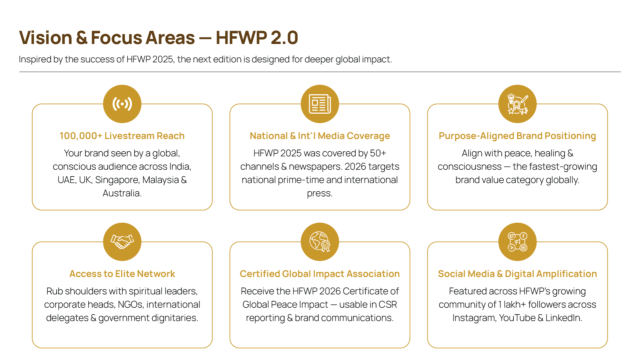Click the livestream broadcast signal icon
pos(122,104)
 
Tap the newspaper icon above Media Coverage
pos(320,104)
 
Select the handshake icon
pos(122,242)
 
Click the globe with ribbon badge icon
pos(320,242)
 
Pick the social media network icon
pos(517,242)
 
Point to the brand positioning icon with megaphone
pos(517,104)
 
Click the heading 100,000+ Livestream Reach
pos(122,136)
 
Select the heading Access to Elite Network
pos(122,274)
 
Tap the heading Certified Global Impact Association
pos(320,274)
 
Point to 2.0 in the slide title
pos(284,37)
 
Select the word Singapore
pos(117,180)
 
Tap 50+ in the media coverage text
pos(378,153)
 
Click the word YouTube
pos(517,318)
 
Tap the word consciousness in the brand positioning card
pos(469,167)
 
